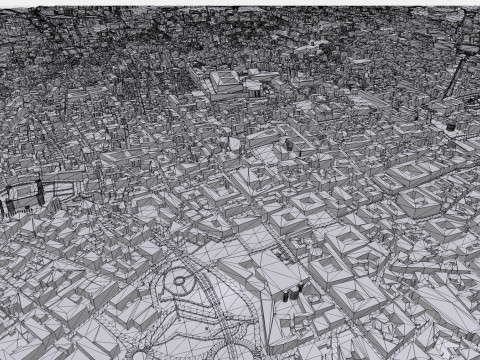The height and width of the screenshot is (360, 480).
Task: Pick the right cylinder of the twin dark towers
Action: [x=298, y=291]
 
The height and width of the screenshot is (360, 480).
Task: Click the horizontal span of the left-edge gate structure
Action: [x=24, y=190]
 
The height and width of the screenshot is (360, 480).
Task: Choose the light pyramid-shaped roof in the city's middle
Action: [x=233, y=143]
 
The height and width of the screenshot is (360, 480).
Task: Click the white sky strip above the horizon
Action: [x=240, y=3]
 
